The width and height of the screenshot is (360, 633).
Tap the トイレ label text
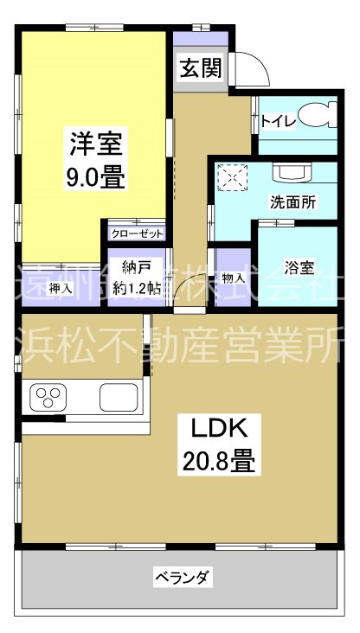pos(277,122)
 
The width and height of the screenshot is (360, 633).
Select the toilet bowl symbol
pos(323,116)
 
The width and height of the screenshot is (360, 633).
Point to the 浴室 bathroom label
pos(299,268)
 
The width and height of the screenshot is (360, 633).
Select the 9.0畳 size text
pos(96,178)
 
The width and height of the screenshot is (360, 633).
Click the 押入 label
pos(60,288)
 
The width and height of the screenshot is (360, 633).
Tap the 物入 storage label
pos(232,278)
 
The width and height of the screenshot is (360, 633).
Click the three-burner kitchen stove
pos(47,398)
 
